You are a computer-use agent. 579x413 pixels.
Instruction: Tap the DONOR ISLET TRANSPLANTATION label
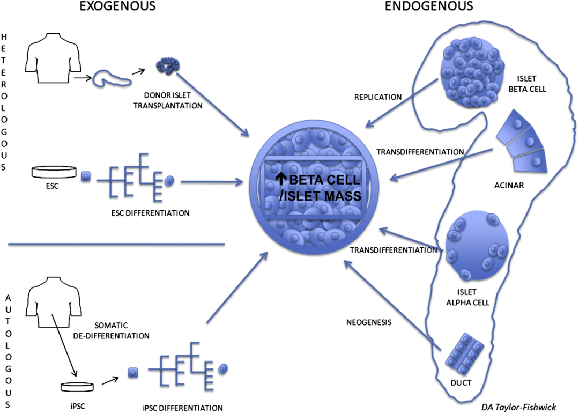click(172, 100)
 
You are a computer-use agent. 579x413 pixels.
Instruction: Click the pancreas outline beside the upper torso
click(112, 80)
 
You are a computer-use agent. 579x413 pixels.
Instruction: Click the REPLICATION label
click(378, 97)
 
